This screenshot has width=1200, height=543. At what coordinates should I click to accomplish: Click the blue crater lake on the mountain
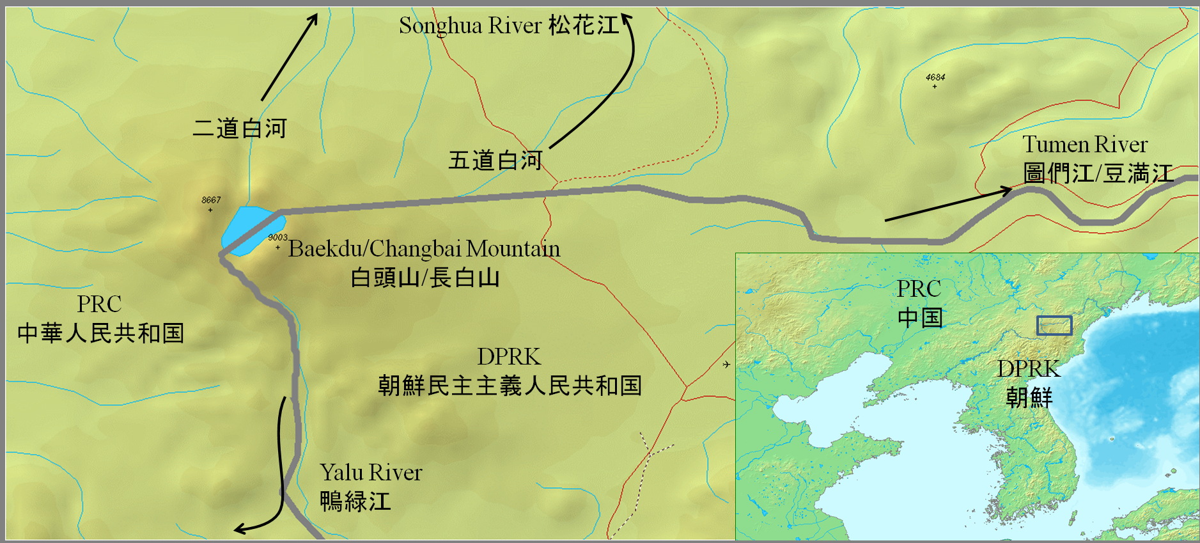[x=249, y=229]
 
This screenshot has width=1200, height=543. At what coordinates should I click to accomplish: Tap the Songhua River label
[x=509, y=26]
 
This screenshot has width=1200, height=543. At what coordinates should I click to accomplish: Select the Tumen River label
[x=1085, y=145]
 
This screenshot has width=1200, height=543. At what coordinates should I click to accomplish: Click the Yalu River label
[x=371, y=473]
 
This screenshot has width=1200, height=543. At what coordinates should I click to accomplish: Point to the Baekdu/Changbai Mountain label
[x=424, y=248]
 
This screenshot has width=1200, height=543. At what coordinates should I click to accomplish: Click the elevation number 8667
[x=211, y=200]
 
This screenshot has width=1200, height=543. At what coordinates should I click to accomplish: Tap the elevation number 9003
[x=277, y=237]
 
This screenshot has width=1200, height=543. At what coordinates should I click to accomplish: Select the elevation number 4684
[x=935, y=77]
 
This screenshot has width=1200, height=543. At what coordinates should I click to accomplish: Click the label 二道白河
[x=240, y=129]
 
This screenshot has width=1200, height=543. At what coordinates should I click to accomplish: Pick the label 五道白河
[x=495, y=161]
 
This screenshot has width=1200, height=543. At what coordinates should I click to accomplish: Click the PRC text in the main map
[x=99, y=304]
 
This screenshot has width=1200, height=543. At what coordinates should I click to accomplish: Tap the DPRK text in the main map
[x=509, y=356]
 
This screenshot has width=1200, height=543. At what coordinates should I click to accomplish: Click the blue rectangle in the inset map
[x=1054, y=326]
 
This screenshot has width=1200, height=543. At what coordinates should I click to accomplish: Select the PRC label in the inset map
[x=919, y=289]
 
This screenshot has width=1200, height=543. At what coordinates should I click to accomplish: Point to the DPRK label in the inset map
[x=1029, y=369]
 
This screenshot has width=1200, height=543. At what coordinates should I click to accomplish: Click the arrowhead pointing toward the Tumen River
[x=1006, y=190]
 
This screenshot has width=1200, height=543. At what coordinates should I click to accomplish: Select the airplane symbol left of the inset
[x=726, y=365]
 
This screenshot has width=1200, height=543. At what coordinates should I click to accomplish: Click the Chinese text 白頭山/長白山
[x=425, y=278]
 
